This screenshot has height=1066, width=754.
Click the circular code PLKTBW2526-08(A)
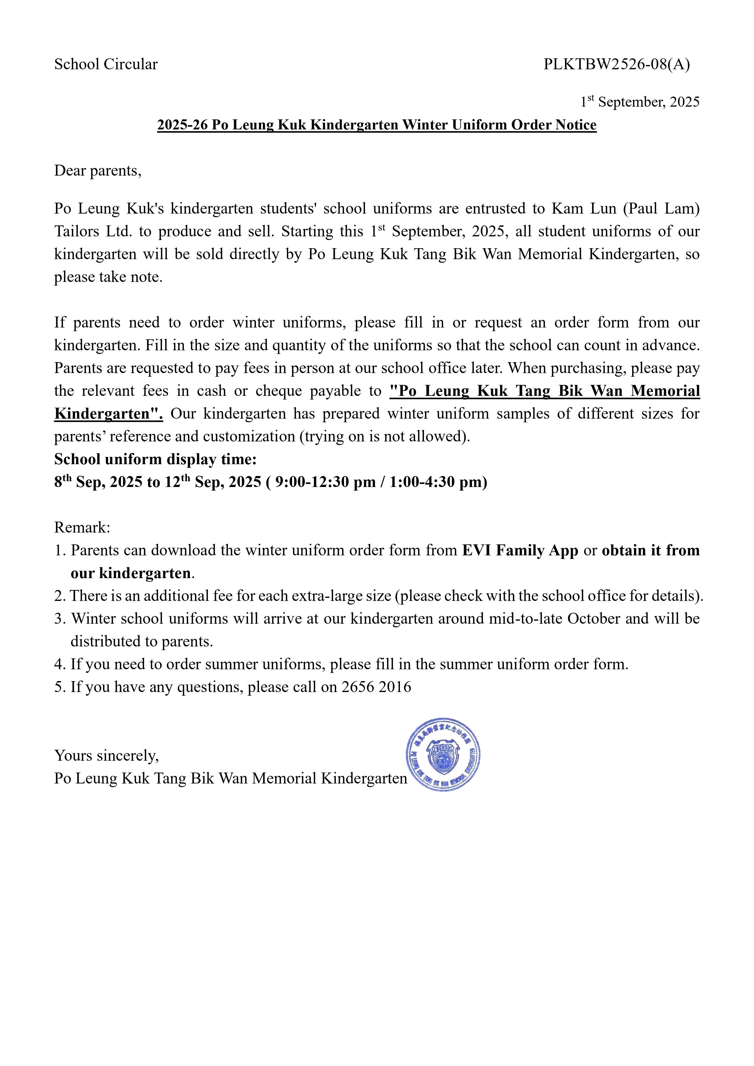coord(617,64)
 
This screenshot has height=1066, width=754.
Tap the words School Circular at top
coord(106,64)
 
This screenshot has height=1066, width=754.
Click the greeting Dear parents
coord(98,171)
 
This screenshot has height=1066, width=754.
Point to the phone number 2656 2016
coord(376,687)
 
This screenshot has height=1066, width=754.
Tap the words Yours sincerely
coord(106,756)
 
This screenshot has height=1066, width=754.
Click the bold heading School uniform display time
coord(155,459)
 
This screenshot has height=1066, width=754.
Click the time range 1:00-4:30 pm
coord(434,482)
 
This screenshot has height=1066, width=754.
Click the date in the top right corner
coord(640,102)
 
